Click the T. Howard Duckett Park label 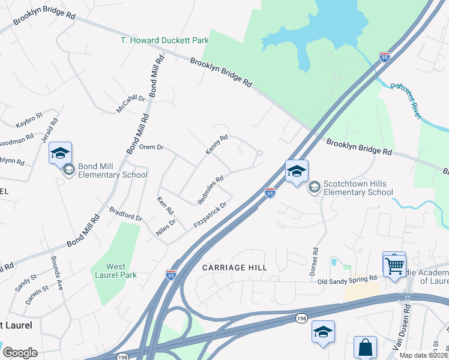click(x=164, y=40)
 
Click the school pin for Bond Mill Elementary click(x=60, y=154)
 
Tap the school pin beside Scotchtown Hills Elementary click(x=297, y=172)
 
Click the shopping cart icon click(x=394, y=264)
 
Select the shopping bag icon click(x=365, y=347)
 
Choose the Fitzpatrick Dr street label click(x=210, y=215)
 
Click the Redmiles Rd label click(x=211, y=189)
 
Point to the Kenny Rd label click(x=217, y=145)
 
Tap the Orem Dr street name click(x=151, y=146)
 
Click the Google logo click(x=20, y=352)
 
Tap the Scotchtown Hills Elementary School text click(x=358, y=188)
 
